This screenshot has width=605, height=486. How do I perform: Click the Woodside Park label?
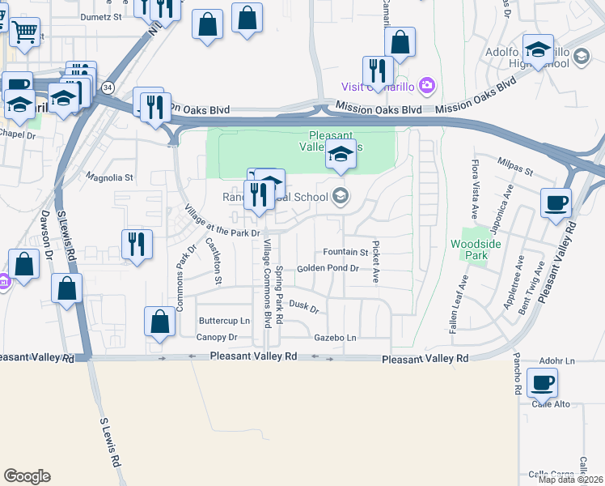(470, 249)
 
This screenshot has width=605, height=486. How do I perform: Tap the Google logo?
(27, 476)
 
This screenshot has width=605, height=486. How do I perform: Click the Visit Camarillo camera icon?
(428, 86)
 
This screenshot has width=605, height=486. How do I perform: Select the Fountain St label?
(345, 252)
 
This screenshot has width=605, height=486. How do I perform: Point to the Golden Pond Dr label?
(328, 268)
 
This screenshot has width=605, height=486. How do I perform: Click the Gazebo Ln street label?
(335, 337)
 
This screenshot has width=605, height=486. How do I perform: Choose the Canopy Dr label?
(217, 337)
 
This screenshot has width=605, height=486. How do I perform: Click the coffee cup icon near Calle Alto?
(541, 382)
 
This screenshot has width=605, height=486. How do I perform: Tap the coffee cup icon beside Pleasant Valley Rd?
(556, 202)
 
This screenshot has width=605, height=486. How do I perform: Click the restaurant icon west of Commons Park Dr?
(137, 244)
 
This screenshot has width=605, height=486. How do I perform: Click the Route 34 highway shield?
(108, 87)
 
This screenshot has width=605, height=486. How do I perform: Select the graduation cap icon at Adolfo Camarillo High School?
(537, 49)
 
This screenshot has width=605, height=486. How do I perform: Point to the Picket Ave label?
(375, 261)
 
